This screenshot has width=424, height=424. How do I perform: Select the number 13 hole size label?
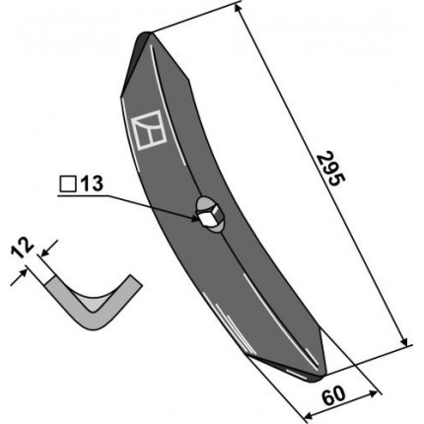92,184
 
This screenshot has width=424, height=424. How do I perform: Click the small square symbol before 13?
68,184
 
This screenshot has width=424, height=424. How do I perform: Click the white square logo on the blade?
149,130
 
